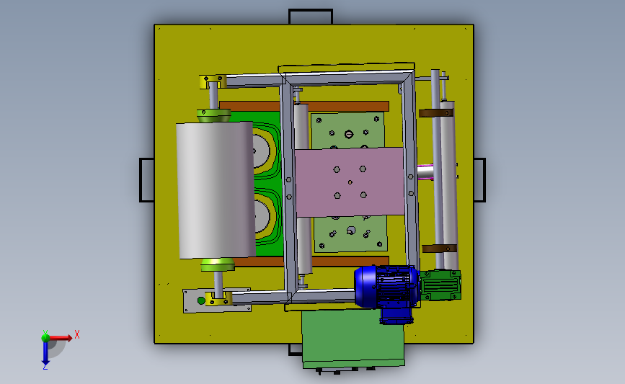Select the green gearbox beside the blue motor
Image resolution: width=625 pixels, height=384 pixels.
[x=441, y=285]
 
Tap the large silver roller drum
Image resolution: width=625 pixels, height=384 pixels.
[x=216, y=190]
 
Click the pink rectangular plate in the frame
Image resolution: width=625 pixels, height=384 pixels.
[x=350, y=182]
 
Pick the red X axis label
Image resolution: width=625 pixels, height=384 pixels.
[x=77, y=334]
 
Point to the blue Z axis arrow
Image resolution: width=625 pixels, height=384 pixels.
[x=45, y=352]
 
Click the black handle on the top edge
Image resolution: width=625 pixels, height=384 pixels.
[x=311, y=16]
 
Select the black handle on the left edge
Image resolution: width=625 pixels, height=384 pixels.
[x=146, y=180]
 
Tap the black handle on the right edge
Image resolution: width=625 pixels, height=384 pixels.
[x=479, y=180]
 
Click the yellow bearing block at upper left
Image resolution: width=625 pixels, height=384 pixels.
[x=213, y=81]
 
